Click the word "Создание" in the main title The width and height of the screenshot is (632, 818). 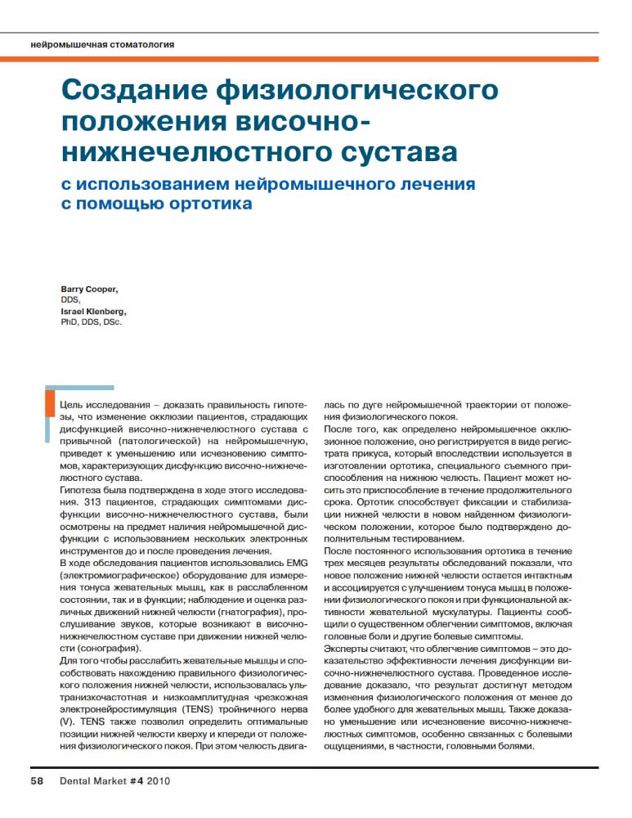136,89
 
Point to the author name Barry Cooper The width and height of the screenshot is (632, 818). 89,290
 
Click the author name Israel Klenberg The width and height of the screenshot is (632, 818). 93,312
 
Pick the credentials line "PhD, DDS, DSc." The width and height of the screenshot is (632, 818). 96,322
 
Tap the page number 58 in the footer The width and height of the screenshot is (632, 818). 38,780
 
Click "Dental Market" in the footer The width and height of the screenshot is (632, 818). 93,780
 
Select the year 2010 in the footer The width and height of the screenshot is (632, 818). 158,780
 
